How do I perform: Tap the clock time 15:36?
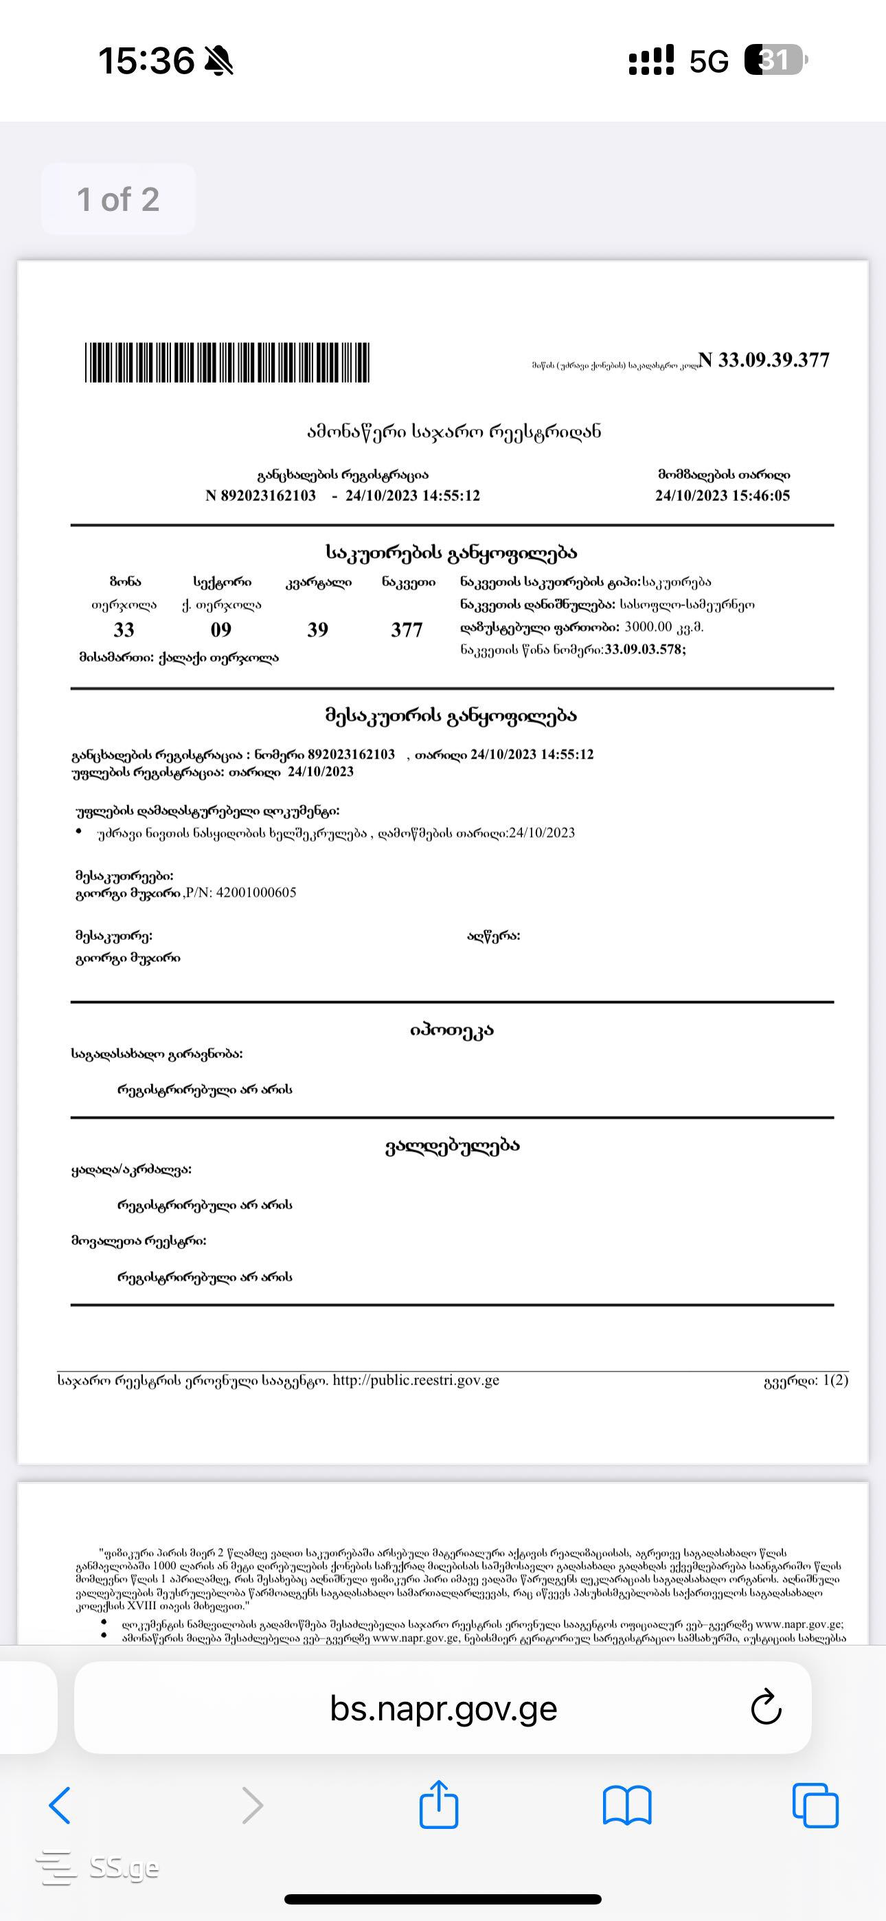coord(146,60)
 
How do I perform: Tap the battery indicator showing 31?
coord(775,60)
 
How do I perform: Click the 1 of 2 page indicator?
coord(118,200)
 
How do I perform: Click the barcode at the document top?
coord(227,363)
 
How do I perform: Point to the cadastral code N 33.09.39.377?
coord(764,360)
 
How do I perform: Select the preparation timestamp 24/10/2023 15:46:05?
coord(722,496)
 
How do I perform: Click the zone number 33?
coord(124,630)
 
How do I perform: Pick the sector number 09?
coord(220,630)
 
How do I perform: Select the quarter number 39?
coord(318,630)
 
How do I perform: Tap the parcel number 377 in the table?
coord(407,630)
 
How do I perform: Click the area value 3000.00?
coord(648,627)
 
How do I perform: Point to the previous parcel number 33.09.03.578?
coord(644,649)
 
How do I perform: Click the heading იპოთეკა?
coord(451,1031)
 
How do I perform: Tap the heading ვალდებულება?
coord(452,1146)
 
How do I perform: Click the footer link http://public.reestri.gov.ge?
coord(416,1380)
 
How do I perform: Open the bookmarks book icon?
coord(626,1806)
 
